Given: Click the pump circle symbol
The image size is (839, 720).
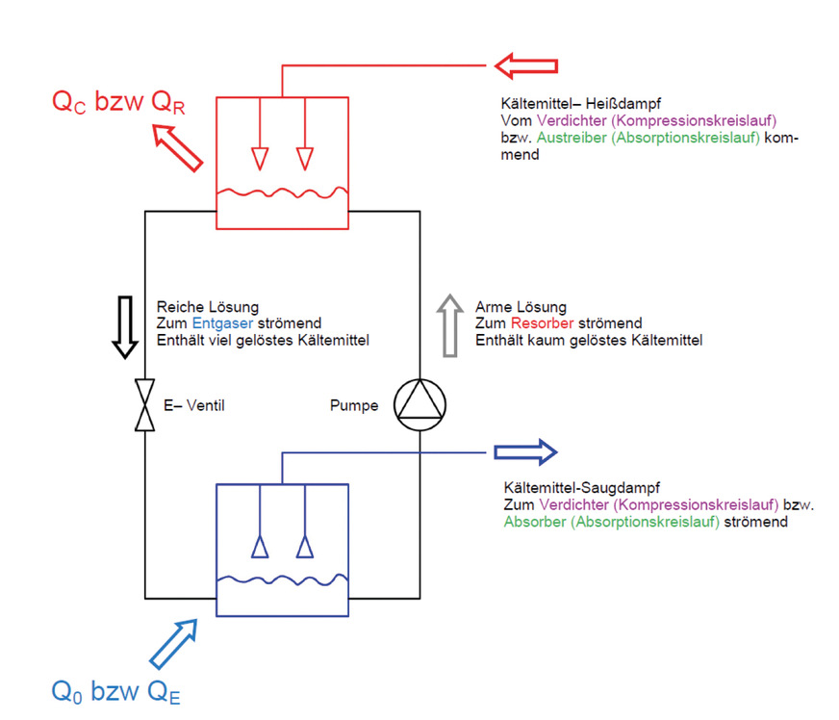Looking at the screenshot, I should (x=420, y=405).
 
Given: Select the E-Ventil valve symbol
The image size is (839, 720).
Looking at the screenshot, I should (x=144, y=405).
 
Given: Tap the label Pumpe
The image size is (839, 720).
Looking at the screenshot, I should (x=354, y=405).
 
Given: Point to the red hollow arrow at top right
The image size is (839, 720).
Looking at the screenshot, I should (x=526, y=66).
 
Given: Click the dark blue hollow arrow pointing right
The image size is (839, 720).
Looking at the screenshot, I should (x=524, y=451).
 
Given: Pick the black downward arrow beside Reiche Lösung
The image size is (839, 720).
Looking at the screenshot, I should (x=124, y=326).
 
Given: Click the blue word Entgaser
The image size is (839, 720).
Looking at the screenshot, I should (x=216, y=322).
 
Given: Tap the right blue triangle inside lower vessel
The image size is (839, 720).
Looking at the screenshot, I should (x=305, y=547).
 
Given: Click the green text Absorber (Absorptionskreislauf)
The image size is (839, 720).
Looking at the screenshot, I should (x=611, y=522).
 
